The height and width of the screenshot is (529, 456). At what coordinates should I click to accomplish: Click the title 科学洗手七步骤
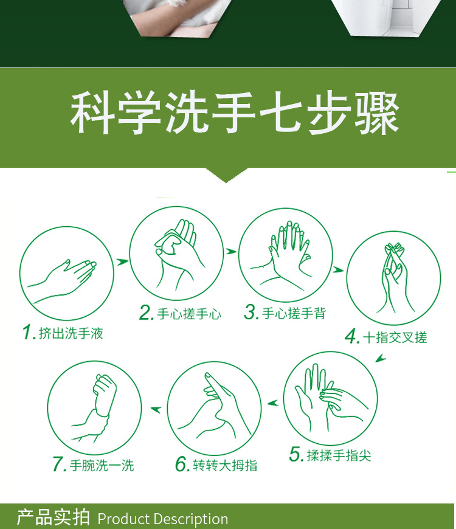point(235,113)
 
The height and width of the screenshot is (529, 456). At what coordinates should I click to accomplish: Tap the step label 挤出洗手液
point(71,333)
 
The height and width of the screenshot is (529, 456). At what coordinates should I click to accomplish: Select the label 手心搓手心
point(189,314)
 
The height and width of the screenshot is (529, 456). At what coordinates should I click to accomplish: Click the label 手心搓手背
point(294,313)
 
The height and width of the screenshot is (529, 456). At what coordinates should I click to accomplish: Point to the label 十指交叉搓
point(395,337)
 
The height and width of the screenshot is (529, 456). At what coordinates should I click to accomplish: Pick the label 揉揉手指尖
point(339,455)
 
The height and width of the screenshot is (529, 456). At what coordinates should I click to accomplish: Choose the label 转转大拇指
point(225,465)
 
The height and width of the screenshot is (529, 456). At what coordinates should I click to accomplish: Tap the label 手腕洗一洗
point(102,465)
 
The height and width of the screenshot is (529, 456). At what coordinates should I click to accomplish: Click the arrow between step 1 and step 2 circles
point(122,261)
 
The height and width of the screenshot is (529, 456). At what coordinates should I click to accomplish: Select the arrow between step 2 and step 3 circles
point(231,251)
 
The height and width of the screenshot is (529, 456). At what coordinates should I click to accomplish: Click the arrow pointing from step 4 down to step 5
point(381,358)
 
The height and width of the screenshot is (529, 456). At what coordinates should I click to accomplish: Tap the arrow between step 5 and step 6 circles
point(272,403)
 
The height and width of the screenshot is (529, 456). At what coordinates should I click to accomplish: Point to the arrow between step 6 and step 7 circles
point(156,410)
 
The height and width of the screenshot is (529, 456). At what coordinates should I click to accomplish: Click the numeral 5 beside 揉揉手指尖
point(295,454)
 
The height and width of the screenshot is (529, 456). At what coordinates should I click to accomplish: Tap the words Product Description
point(163,519)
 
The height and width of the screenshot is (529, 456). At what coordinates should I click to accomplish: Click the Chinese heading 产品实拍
point(54,517)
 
